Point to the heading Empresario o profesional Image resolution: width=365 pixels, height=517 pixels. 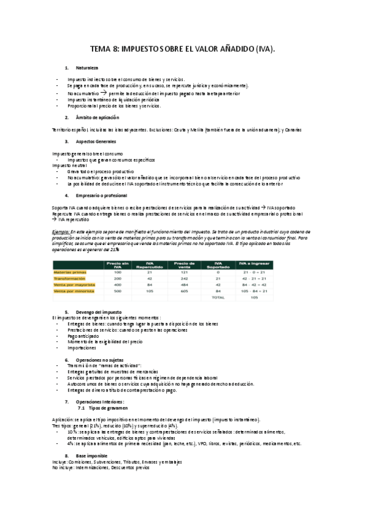102,195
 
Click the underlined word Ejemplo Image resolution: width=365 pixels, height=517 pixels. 61,233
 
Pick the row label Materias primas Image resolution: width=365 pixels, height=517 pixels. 71,272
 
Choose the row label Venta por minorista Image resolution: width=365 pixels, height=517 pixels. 74,291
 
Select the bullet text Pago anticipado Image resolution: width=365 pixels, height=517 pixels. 83,335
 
